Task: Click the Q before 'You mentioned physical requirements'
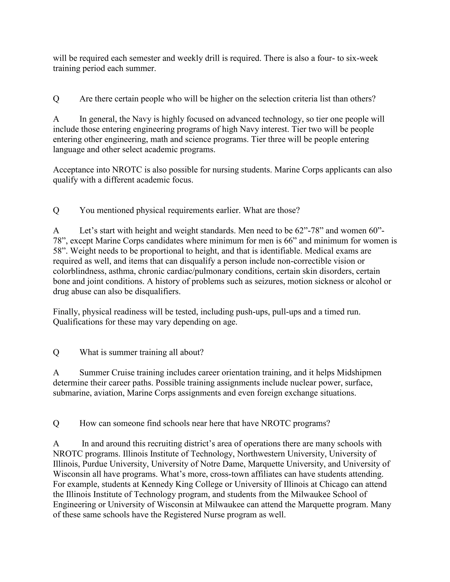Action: click(56, 210)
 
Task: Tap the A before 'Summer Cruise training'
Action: click(56, 372)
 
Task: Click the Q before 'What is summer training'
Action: click(56, 352)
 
